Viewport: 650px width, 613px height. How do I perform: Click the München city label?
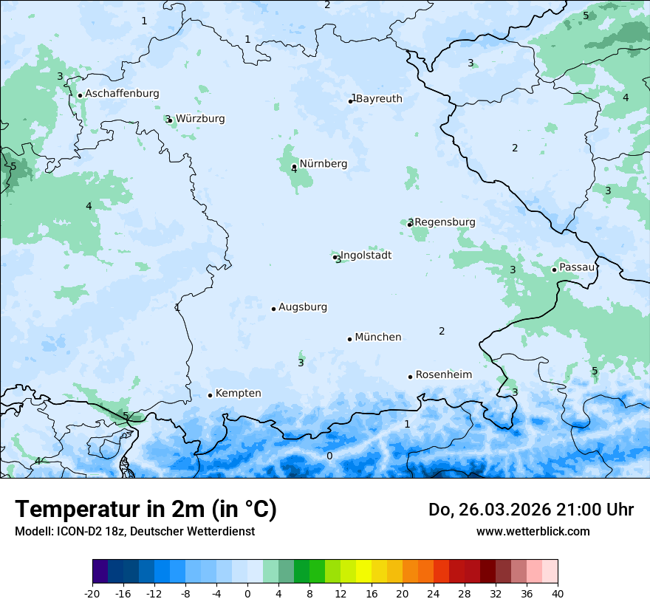[377, 338]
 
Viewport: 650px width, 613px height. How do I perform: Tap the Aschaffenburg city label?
[122, 94]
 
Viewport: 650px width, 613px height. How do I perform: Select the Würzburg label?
[200, 119]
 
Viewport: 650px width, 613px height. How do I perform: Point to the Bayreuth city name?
[379, 99]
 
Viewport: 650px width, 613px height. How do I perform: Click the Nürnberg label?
[323, 164]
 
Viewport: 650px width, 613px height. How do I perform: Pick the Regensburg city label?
[445, 222]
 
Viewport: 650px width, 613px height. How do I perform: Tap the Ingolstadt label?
[366, 256]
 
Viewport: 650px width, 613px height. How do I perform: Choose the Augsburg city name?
[302, 307]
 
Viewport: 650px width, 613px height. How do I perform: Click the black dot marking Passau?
[554, 270]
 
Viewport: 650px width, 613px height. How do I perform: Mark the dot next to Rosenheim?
[410, 377]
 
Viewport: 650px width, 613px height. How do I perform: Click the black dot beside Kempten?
[210, 395]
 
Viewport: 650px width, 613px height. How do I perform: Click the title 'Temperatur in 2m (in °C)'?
[146, 510]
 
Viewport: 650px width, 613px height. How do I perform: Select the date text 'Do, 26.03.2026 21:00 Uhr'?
[531, 510]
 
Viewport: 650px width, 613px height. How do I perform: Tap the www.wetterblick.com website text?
[533, 531]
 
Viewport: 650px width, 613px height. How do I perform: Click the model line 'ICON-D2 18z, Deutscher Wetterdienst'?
[134, 531]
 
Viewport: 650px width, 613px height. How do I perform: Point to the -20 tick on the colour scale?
[92, 593]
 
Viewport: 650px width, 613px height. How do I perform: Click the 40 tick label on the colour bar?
[558, 593]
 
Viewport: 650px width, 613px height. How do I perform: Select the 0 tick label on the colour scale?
[247, 593]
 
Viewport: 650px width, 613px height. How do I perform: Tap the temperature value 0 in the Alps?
[329, 456]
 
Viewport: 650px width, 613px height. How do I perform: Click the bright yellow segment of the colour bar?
[363, 572]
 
